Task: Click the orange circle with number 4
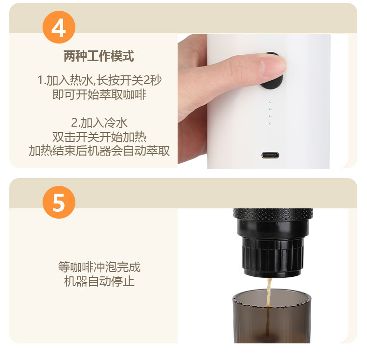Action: pos(59,27)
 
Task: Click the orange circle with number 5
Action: pos(59,202)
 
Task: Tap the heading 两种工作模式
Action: pos(99,56)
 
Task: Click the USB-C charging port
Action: pos(270,155)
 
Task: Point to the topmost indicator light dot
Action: pos(270,102)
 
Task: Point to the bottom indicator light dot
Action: pos(270,123)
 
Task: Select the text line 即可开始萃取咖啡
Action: pos(99,94)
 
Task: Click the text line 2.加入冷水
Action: pos(99,123)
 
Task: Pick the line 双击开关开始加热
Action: pos(99,137)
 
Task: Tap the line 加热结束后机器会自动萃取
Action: pos(99,151)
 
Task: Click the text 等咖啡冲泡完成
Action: pos(99,267)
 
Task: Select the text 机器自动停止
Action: pos(99,281)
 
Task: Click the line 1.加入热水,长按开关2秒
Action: pos(99,80)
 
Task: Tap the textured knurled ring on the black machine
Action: pos(273,214)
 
